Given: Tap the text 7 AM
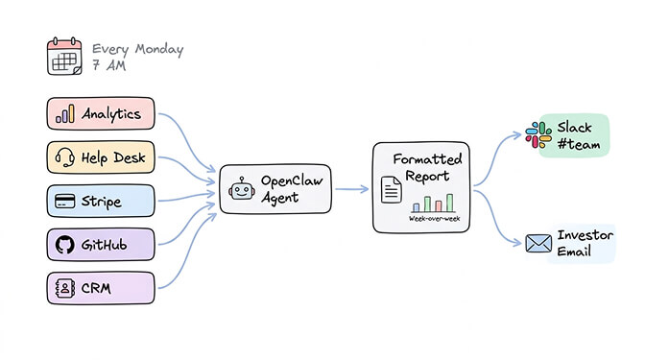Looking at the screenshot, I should coord(109,68).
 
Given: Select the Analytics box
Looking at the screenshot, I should coord(100,114).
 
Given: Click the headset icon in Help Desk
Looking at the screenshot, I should coord(65,157).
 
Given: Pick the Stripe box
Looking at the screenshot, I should coord(100,202).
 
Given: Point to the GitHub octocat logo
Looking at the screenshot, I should coord(65,244).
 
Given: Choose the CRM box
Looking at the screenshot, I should coord(100,287).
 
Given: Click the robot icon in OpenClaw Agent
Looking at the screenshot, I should coord(241,189).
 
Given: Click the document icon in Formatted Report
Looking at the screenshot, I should coord(392,190).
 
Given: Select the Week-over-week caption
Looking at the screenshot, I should coord(434,219).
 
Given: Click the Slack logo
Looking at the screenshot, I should coord(537,134).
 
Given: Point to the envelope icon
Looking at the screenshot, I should coord(539,244).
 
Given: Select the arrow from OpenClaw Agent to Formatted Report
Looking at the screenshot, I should coord(351,189).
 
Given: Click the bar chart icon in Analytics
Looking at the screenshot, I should coord(65,114).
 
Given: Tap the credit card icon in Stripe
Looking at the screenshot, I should coord(65,202).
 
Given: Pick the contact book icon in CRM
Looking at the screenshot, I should coord(65,287).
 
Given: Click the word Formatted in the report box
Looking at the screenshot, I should coord(427,158).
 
